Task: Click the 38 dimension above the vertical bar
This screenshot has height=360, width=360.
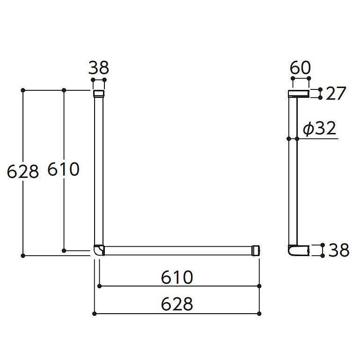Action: pos(99,68)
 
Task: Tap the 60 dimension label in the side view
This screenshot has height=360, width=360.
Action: pos(300,68)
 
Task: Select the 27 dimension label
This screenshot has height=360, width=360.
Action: pos(336,94)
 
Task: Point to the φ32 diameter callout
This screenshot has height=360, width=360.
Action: pos(319,128)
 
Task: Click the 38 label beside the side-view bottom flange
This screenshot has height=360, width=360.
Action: pos(339,250)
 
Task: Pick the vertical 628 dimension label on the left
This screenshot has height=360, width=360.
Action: pos(23,171)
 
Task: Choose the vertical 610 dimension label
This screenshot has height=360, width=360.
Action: pos(63,169)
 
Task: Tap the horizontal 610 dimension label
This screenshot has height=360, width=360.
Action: pos(177,277)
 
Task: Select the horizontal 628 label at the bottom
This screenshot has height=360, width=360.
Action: pos(177,304)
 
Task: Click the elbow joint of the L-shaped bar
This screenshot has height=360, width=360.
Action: pos(99,250)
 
